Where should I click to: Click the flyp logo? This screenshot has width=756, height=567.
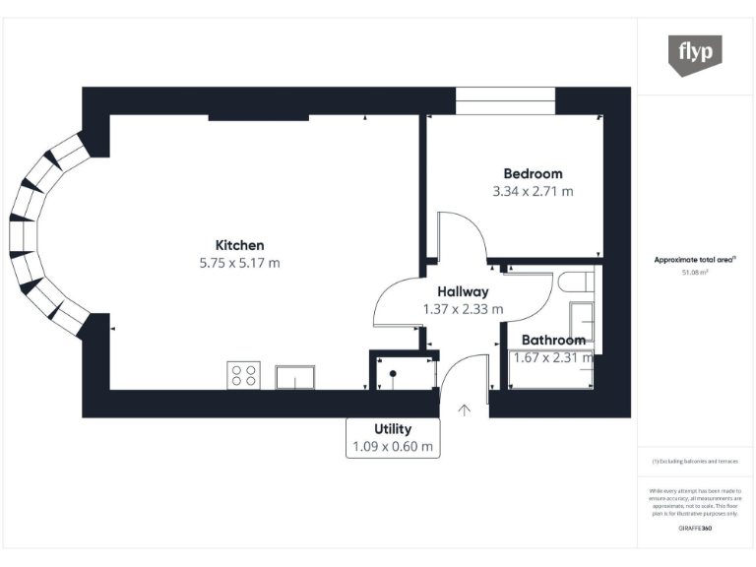pyautogui.click(x=695, y=53)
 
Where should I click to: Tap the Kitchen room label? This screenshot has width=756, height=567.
pyautogui.click(x=240, y=245)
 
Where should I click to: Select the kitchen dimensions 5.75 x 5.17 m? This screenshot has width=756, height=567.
pyautogui.click(x=240, y=263)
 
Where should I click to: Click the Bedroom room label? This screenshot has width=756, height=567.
pyautogui.click(x=533, y=174)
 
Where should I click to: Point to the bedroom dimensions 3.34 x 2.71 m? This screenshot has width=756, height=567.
pyautogui.click(x=533, y=192)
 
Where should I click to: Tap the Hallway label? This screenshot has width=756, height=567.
pyautogui.click(x=463, y=291)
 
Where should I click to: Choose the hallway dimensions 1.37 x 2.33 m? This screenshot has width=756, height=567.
pyautogui.click(x=463, y=309)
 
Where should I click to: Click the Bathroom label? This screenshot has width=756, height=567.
pyautogui.click(x=553, y=341)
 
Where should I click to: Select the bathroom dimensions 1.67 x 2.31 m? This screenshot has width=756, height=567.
pyautogui.click(x=553, y=358)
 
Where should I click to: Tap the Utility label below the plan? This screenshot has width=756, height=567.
pyautogui.click(x=393, y=429)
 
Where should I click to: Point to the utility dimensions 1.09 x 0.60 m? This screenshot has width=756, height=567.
pyautogui.click(x=393, y=447)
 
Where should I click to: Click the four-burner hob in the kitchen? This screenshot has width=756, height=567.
pyautogui.click(x=244, y=375)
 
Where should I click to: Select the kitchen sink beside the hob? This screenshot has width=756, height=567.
pyautogui.click(x=296, y=376)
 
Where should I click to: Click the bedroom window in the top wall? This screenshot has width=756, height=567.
pyautogui.click(x=505, y=100)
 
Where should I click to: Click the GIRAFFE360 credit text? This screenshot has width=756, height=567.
pyautogui.click(x=695, y=529)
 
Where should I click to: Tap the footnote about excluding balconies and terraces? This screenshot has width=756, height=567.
pyautogui.click(x=695, y=461)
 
